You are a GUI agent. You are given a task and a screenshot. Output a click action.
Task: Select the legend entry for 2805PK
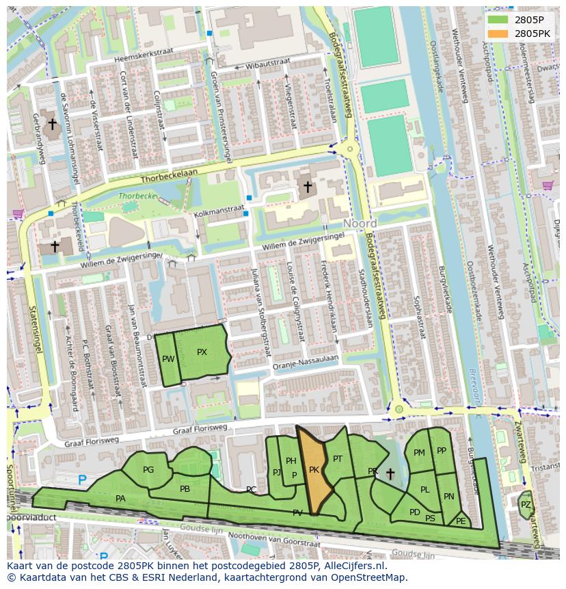pyautogui.click(x=532, y=33)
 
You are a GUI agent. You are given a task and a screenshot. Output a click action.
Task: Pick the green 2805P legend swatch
pyautogui.click(x=498, y=19)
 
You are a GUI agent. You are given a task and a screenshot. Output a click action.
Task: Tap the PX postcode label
pyautogui.click(x=202, y=352)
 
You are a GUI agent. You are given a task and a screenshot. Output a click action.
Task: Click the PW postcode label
pyautogui.click(x=168, y=359)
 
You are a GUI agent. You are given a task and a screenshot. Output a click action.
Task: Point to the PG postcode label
pyautogui.click(x=148, y=470)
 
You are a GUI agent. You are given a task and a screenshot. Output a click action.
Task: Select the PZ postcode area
pyautogui.click(x=525, y=505)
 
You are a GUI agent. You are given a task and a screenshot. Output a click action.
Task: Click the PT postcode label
pyautogui.click(x=338, y=459)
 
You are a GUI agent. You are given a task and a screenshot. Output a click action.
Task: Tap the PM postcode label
pyautogui.click(x=419, y=453)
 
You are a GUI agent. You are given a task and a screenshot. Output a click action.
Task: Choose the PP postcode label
pyautogui.click(x=442, y=451)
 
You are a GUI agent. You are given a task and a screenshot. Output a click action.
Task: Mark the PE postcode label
pyautogui.click(x=461, y=521)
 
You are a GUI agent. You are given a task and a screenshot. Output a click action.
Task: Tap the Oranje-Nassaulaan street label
pyautogui.click(x=305, y=363)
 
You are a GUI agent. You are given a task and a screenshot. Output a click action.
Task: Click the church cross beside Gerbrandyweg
pyautogui.click(x=52, y=124)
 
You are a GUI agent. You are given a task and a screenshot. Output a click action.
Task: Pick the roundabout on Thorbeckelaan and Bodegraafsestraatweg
pyautogui.click(x=350, y=148)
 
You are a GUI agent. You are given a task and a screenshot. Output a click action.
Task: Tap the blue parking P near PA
pyautogui.click(x=82, y=481)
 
